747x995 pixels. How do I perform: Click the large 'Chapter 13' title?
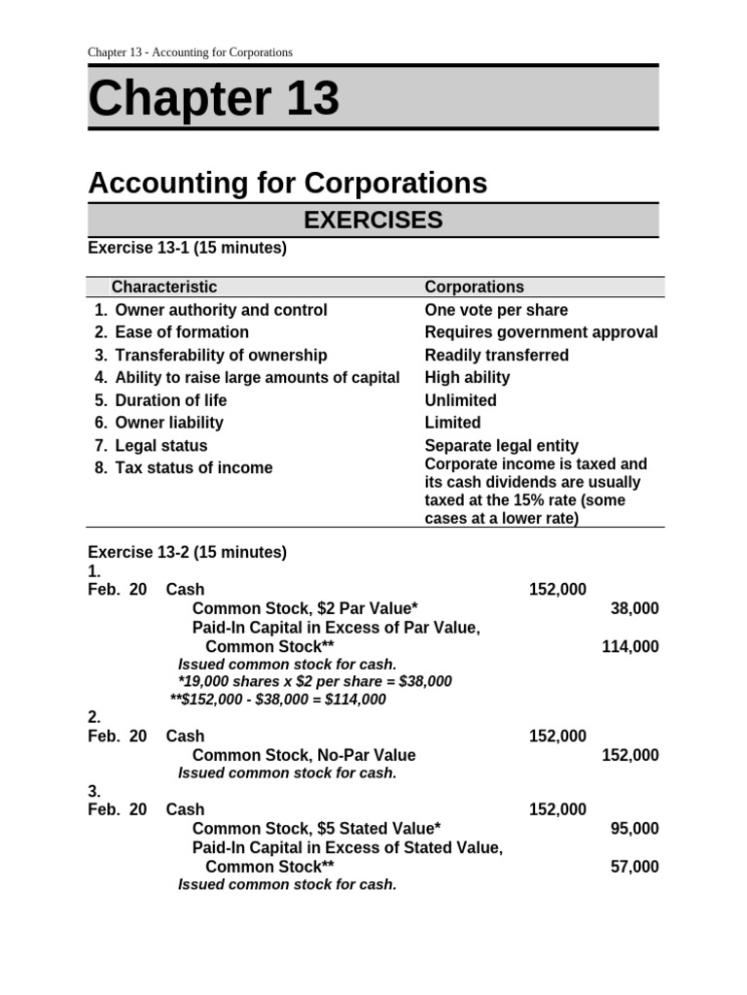tap(214, 99)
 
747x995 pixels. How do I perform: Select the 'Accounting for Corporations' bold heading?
tap(288, 183)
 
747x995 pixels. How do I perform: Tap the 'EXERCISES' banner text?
tap(373, 221)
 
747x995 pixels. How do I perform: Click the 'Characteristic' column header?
tap(164, 287)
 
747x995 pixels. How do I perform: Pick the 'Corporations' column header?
tap(474, 287)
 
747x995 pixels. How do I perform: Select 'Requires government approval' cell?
tap(541, 332)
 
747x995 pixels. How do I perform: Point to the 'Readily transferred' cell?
tap(497, 355)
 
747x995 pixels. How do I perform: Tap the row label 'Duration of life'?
tap(170, 400)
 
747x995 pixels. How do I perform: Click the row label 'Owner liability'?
tap(168, 423)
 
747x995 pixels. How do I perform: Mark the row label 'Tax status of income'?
tap(194, 467)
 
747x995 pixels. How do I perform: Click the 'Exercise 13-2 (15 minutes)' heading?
tap(188, 553)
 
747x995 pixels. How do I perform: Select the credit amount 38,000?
tap(634, 609)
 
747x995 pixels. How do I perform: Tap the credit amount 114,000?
tap(630, 647)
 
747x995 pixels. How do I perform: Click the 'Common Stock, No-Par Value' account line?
tap(303, 755)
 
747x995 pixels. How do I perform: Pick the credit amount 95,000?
tap(634, 829)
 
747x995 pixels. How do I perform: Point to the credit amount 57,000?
tap(634, 867)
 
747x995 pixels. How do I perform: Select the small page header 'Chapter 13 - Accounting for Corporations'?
tap(190, 52)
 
